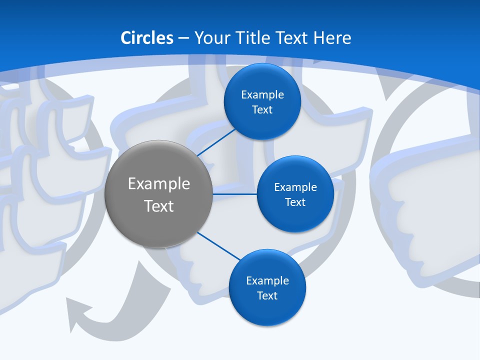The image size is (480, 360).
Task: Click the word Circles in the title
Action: point(147,38)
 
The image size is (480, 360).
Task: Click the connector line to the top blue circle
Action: point(217,142)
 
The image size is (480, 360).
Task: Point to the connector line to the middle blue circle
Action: point(235,194)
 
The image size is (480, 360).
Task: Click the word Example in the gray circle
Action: point(159,184)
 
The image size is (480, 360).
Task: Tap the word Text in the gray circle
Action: point(159,206)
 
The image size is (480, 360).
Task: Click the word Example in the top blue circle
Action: point(262,94)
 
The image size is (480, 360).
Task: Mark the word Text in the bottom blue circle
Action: point(267,295)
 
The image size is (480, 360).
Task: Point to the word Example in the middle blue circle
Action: point(295,187)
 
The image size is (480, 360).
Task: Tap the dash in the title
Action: point(183,38)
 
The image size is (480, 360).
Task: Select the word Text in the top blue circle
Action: point(262,109)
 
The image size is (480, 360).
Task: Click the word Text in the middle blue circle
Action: point(295,202)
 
